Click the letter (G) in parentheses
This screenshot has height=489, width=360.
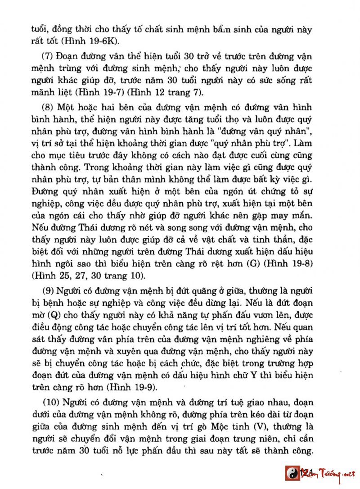click(253, 263)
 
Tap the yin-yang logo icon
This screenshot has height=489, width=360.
click(292, 473)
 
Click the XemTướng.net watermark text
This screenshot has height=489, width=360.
click(331, 473)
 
